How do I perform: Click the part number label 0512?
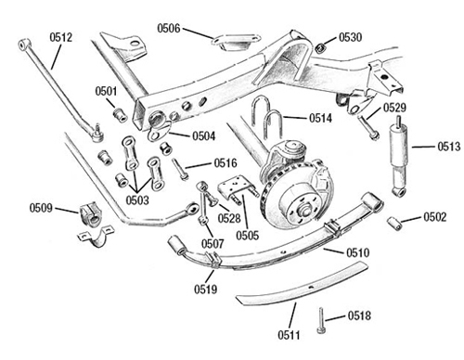tap(61, 37)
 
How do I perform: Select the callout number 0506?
tap(169, 29)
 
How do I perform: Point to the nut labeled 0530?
tap(320, 47)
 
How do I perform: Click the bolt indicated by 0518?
tap(320, 320)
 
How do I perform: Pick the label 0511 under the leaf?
tap(289, 335)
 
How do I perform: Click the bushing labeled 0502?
tap(395, 224)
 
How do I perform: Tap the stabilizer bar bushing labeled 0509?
tap(90, 214)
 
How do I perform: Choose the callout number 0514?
tap(320, 118)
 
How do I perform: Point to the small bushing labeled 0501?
tap(120, 114)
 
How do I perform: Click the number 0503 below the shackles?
tap(137, 200)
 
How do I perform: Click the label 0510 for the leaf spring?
tap(357, 252)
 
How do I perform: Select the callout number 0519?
tap(205, 289)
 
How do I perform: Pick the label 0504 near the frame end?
tap(204, 136)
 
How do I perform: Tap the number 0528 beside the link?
tap(229, 218)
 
